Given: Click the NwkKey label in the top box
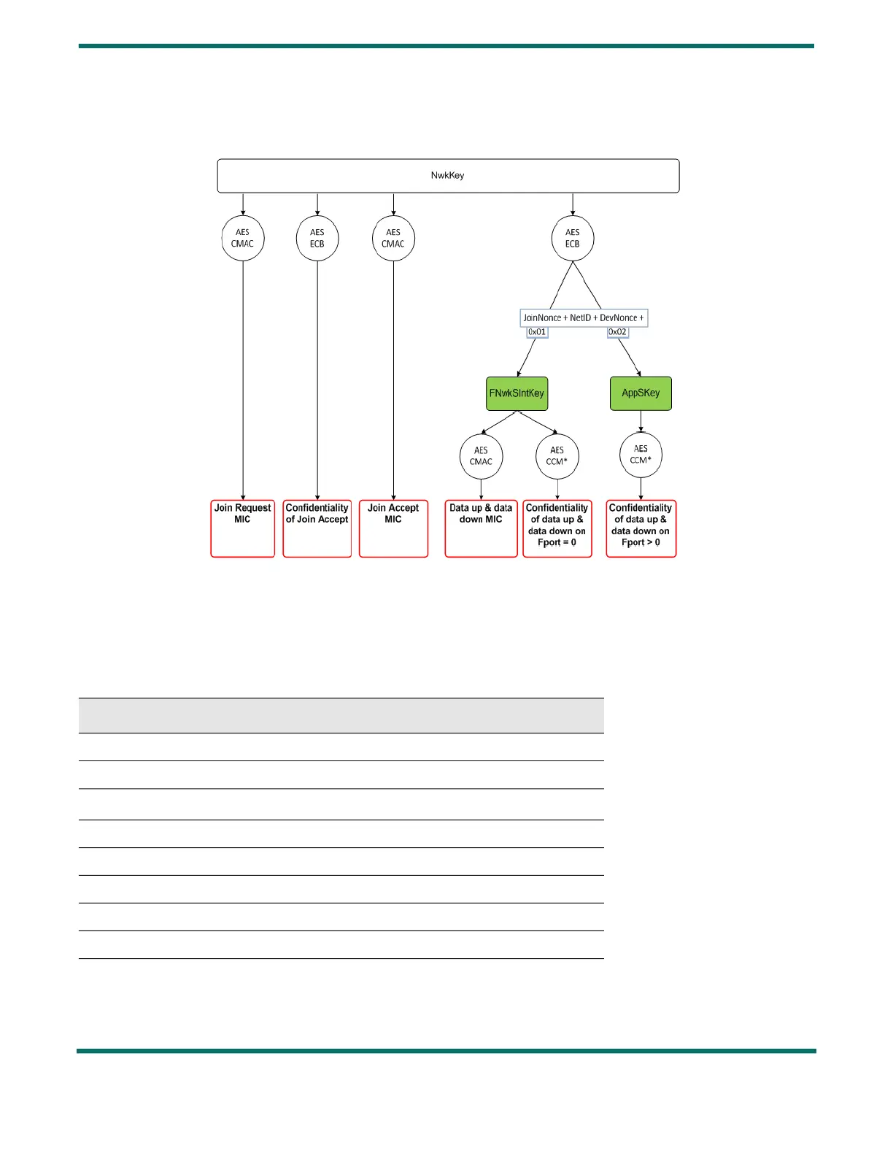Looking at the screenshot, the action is [447, 175].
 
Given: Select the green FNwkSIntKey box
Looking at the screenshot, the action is [517, 393].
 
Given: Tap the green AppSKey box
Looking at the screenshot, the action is [641, 393].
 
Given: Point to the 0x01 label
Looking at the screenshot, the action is [537, 332].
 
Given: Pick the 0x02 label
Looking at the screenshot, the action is [618, 332].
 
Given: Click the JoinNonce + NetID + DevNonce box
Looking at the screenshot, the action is [584, 318].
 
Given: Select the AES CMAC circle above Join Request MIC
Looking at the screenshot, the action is [243, 239].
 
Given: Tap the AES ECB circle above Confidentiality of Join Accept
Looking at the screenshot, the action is [317, 239].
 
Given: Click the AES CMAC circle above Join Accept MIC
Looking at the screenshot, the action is [393, 239].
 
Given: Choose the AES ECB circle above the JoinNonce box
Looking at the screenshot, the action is [573, 239].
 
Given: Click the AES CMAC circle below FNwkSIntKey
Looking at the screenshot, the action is [481, 456].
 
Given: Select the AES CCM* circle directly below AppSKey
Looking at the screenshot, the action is [641, 455].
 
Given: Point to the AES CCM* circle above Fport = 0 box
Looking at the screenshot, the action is [557, 456].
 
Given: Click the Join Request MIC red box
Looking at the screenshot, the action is [243, 528].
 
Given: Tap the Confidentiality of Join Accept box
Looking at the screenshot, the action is [317, 528].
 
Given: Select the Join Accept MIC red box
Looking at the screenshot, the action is [393, 528].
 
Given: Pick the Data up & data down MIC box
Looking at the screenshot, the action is [481, 528].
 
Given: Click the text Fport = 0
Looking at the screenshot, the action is [557, 543].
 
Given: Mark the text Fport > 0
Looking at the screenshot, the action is [641, 543].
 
